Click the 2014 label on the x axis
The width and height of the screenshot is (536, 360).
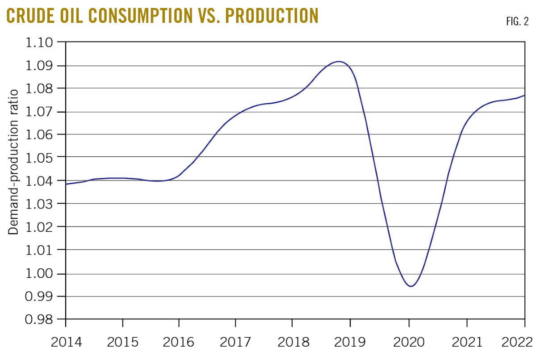point(66,343)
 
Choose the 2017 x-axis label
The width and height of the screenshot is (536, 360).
point(235,343)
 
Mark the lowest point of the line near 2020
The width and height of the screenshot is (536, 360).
point(410,286)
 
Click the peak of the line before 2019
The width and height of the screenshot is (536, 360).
point(339,62)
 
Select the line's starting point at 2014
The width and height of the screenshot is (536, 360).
point(67,184)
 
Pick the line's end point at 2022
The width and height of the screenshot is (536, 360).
point(524,96)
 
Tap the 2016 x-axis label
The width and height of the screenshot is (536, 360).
point(179,343)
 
